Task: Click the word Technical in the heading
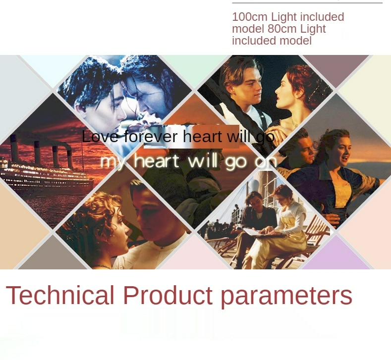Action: pyautogui.click(x=60, y=295)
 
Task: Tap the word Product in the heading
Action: pyautogui.click(x=168, y=295)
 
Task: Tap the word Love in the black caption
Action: pyautogui.click(x=100, y=137)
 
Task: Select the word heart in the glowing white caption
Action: pyautogui.click(x=157, y=161)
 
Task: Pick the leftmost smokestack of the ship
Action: pyautogui.click(x=14, y=148)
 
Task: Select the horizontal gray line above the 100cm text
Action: pyautogui.click(x=307, y=3)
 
